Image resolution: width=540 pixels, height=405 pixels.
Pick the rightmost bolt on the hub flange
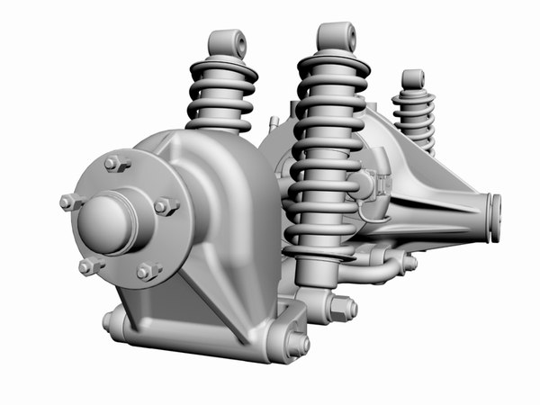point(165,207)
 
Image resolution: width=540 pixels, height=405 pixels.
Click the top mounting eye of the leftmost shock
point(228,43)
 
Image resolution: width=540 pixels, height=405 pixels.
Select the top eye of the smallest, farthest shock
point(413,79)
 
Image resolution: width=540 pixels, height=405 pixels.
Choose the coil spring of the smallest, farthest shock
point(414,117)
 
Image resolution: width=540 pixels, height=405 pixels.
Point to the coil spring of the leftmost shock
point(221,99)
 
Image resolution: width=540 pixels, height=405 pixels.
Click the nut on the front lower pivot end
point(298,345)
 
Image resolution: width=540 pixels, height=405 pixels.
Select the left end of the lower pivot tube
point(112,320)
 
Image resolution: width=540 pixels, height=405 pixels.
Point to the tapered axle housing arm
point(432,193)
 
